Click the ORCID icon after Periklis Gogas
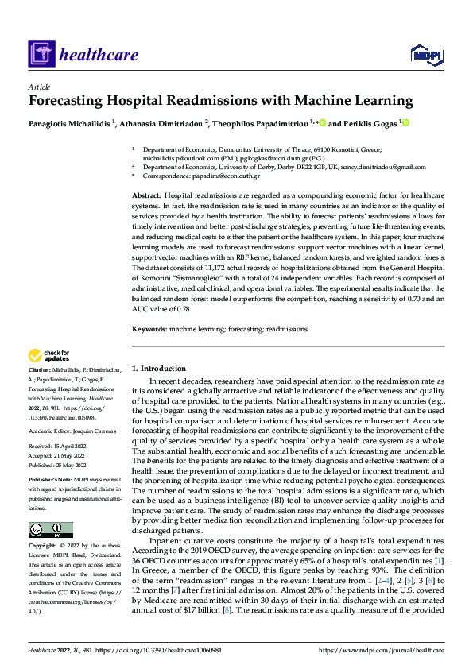coord(405,123)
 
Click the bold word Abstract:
coord(145,195)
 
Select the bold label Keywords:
coord(149,329)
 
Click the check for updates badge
coord(48,356)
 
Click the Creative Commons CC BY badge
coord(50,529)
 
